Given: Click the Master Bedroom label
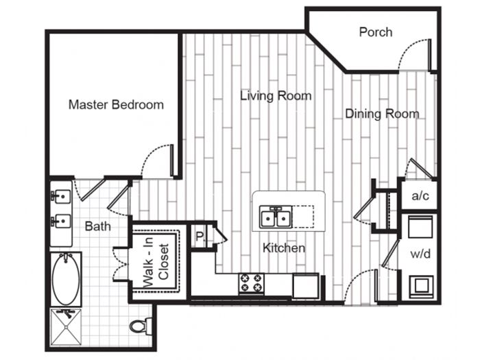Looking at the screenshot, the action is click(x=116, y=105).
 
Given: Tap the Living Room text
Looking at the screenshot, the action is click(x=276, y=96).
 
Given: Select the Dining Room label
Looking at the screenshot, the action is click(x=382, y=114).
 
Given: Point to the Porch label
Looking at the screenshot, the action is click(x=376, y=32).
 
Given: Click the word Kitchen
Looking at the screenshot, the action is click(x=284, y=248).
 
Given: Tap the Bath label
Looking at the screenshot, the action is click(x=97, y=226).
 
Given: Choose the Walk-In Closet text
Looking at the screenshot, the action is click(x=156, y=263).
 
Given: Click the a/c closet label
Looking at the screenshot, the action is click(x=420, y=195).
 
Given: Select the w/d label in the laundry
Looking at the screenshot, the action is click(x=420, y=254).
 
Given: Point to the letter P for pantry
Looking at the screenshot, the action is click(x=200, y=237).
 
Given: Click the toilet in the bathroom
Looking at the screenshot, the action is click(x=141, y=326).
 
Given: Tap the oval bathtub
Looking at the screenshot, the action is click(x=66, y=278).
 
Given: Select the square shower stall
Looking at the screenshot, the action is click(x=66, y=327).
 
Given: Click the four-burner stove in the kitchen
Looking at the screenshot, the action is click(x=252, y=283).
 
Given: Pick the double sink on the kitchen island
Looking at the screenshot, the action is click(x=276, y=217).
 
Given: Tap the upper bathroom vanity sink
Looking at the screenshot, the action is click(x=60, y=195).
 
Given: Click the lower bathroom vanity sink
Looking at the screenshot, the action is click(x=60, y=221).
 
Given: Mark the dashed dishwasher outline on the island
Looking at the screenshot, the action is click(x=303, y=217).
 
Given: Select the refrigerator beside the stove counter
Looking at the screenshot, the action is click(x=306, y=286).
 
